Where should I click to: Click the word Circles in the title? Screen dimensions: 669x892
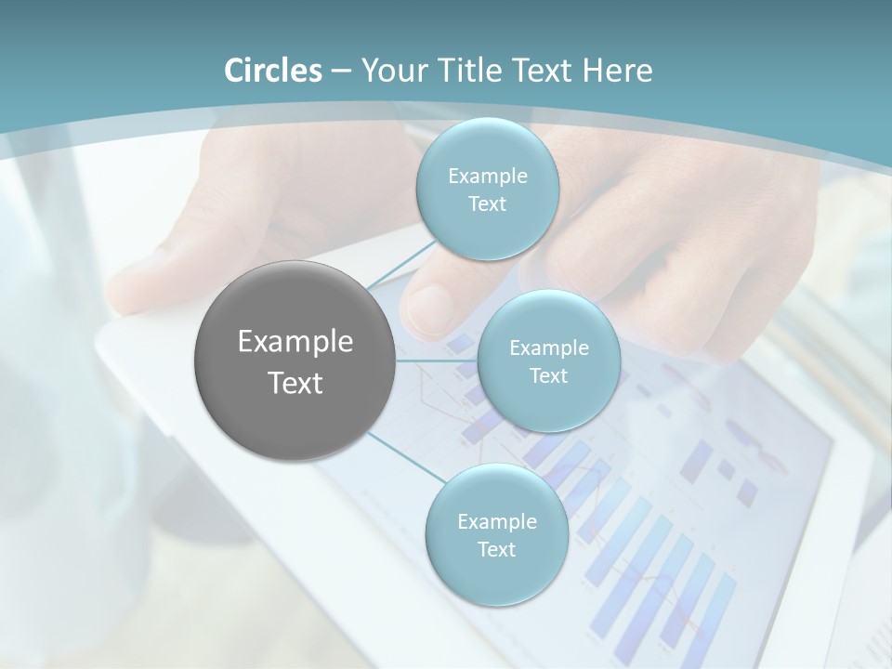point(272,71)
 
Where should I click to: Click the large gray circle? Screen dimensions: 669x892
point(295,361)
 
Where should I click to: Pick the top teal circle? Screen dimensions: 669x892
point(487,190)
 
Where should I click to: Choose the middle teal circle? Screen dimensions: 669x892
point(548,361)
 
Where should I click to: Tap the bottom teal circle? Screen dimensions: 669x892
point(496,535)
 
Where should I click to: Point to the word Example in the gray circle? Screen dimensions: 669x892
point(295,342)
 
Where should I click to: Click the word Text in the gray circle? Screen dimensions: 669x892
point(295,383)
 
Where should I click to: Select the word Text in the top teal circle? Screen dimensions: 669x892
point(487,204)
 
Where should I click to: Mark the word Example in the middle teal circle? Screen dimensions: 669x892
point(548,348)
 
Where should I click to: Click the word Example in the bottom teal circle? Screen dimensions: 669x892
point(496,522)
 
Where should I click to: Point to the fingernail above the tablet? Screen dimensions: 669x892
point(429,305)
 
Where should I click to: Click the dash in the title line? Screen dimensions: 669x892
point(340,72)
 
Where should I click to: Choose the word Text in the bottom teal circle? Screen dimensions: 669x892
point(496,550)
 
